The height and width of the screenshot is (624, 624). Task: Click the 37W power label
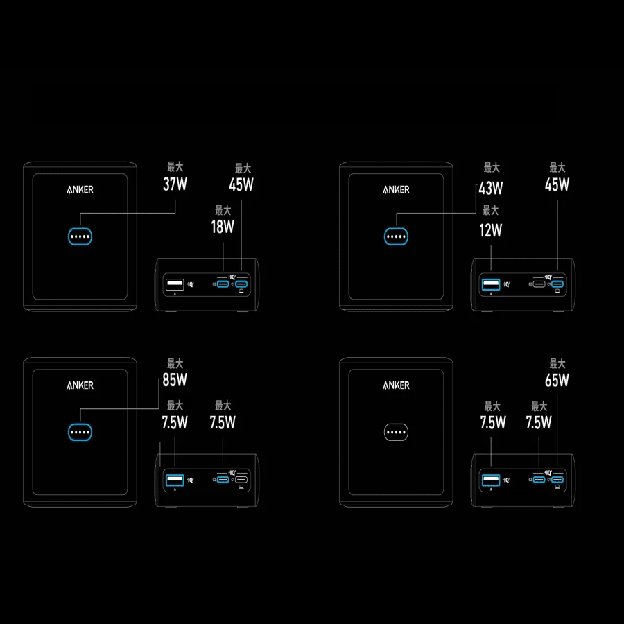[x=175, y=184]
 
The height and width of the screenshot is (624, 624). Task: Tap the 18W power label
[x=223, y=227]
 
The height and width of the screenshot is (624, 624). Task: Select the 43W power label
[x=491, y=188]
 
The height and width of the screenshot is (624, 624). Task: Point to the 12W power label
[x=491, y=230]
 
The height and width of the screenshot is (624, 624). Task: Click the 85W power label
[x=175, y=380]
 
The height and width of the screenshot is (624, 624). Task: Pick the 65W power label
[x=557, y=380]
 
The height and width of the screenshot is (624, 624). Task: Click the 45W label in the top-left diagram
[x=241, y=184]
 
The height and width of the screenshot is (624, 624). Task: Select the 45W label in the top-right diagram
[x=557, y=184]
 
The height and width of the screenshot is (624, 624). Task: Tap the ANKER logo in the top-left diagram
[x=80, y=190]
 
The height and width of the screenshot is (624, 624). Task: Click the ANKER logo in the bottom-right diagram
[x=396, y=385]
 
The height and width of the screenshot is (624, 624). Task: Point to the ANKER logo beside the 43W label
[x=396, y=190]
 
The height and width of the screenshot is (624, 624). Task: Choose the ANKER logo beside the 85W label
[x=80, y=385]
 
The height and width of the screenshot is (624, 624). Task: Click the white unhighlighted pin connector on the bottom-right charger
[x=396, y=433]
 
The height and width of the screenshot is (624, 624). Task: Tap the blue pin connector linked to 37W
[x=80, y=237]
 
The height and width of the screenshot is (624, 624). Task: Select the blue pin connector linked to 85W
[x=80, y=433]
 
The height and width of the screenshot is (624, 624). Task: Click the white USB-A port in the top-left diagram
[x=174, y=284]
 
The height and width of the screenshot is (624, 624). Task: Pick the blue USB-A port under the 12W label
[x=490, y=284]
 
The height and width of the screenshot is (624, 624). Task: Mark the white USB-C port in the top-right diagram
[x=539, y=284]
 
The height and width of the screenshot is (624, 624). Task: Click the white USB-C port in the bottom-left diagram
[x=241, y=480]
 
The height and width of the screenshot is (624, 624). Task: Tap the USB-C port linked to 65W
[x=557, y=480]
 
